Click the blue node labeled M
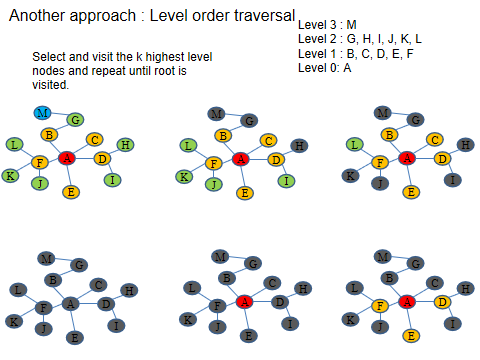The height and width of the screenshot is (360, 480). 43,112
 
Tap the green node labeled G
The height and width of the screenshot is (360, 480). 74,120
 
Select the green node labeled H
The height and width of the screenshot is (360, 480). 125,145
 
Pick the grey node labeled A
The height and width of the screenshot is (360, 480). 69,303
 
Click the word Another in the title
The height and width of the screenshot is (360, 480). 41,17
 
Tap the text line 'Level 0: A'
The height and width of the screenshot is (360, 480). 324,68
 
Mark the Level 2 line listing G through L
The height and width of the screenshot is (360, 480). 360,38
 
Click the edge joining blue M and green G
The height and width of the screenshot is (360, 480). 58,116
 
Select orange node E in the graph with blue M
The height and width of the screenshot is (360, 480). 70,191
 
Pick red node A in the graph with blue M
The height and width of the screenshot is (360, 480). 67,158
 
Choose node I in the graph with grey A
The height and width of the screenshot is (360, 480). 118,325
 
